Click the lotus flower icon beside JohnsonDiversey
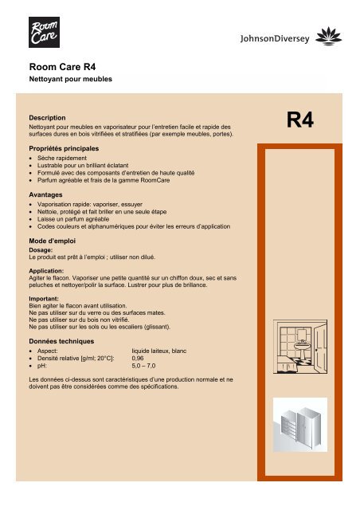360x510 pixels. point(331,36)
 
